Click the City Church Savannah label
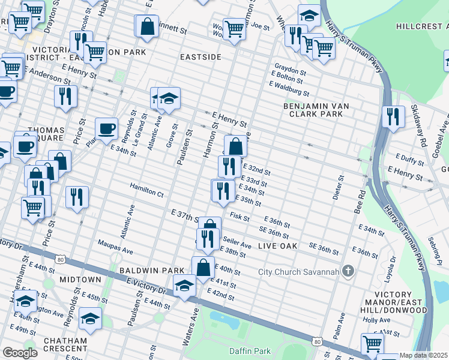click(298, 272)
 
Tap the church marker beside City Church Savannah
click(348, 272)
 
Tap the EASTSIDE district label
click(201, 57)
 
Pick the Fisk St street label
click(239, 217)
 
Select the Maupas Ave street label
click(114, 245)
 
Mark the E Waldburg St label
click(289, 89)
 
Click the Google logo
click(20, 353)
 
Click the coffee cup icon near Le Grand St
click(107, 128)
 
